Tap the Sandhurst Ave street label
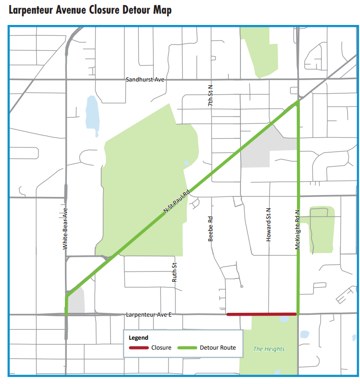tap(145, 80)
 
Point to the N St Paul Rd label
tap(176, 203)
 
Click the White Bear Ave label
tap(65, 229)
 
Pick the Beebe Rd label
tap(211, 229)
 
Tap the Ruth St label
tap(174, 272)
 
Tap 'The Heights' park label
tap(269, 349)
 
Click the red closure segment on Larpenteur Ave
tap(262, 314)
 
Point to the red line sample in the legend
tap(139, 348)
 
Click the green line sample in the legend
tap(187, 348)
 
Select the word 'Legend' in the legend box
tap(139, 338)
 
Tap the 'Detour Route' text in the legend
tap(217, 348)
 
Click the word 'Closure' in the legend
tap(161, 348)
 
